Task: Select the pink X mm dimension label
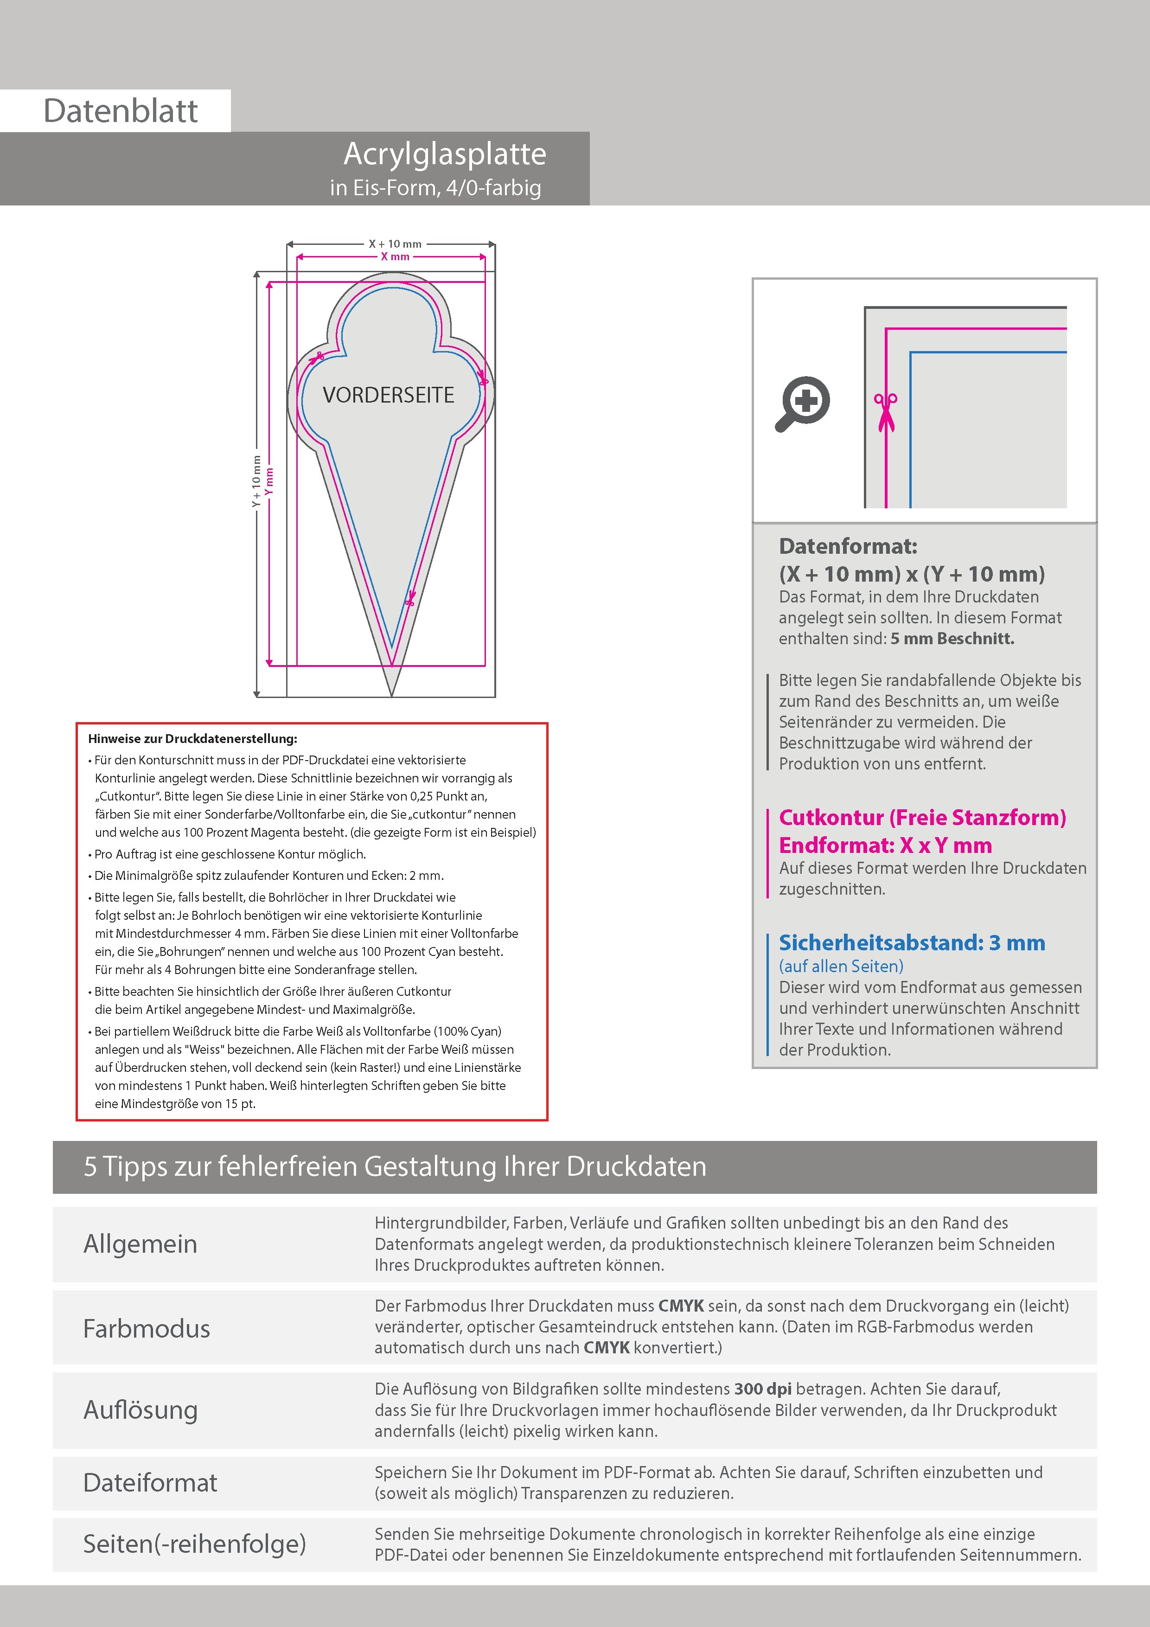click(395, 256)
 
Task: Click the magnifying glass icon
click(803, 403)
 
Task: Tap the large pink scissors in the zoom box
click(885, 412)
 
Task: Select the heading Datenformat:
click(848, 546)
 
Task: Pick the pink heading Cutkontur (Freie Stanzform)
click(922, 818)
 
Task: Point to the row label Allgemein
click(141, 1243)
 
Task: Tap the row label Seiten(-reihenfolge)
click(194, 1544)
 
